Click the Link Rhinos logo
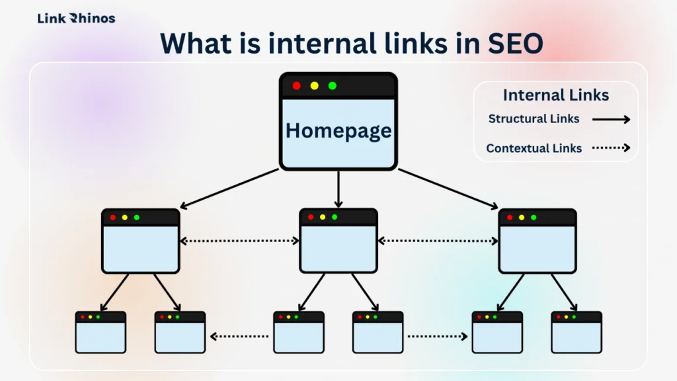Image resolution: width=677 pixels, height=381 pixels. tap(76, 19)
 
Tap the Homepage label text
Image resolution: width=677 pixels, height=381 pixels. tap(338, 130)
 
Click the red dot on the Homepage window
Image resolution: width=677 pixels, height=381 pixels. tap(296, 86)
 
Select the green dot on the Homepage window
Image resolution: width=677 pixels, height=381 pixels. tap(333, 86)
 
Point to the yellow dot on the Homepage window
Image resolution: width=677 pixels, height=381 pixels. tap(314, 86)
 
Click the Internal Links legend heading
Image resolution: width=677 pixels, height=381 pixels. tap(555, 95)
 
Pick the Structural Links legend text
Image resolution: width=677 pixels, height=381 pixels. tap(534, 119)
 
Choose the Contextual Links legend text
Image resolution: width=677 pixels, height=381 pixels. tap(534, 148)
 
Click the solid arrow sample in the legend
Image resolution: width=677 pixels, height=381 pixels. tap(611, 120)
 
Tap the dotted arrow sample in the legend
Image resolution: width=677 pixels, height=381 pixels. tap(611, 148)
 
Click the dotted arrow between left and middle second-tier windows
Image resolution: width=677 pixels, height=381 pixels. tap(239, 241)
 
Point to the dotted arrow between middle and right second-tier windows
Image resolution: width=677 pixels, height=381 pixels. tap(438, 241)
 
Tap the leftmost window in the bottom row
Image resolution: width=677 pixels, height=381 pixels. tap(100, 332)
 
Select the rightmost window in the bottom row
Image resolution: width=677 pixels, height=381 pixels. tap(577, 332)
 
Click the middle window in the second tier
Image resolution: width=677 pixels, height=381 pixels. tap(338, 241)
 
